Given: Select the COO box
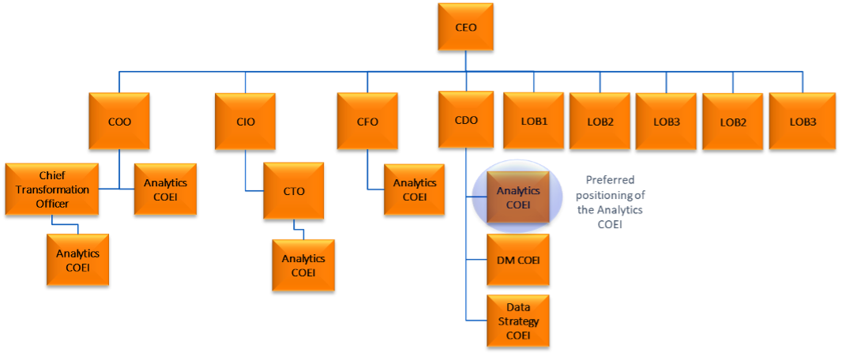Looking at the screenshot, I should click(x=119, y=122).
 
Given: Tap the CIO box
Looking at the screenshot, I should click(x=245, y=122).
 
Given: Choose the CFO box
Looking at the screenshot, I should click(x=367, y=122).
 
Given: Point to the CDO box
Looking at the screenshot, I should click(x=466, y=120).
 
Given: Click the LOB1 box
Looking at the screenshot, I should click(x=533, y=122).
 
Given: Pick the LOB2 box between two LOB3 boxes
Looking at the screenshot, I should click(x=732, y=122).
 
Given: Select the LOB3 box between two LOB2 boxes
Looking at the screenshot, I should click(x=666, y=122).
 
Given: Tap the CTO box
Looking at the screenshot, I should click(x=294, y=191).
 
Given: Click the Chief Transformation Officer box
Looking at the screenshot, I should click(x=52, y=189).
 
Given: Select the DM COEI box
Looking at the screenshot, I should click(x=517, y=260).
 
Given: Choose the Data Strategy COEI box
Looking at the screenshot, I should click(x=517, y=321).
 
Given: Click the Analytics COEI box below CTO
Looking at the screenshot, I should click(x=303, y=265).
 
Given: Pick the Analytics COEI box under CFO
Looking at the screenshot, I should click(x=415, y=189).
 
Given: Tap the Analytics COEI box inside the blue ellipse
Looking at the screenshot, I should click(x=518, y=197).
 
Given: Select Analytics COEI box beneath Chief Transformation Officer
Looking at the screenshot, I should click(x=77, y=260).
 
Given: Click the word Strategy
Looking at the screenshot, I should click(x=518, y=321).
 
